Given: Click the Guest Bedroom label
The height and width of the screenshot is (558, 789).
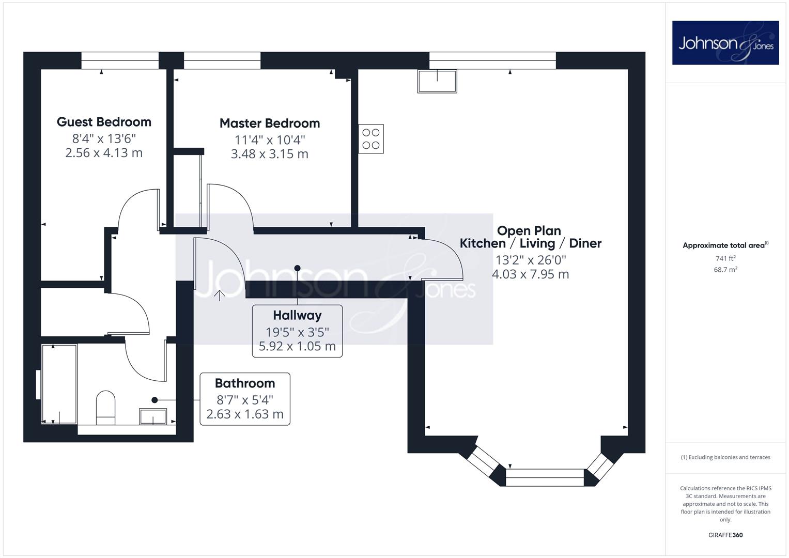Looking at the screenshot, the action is point(104,122).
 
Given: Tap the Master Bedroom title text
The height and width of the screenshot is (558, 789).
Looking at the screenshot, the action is point(270,123).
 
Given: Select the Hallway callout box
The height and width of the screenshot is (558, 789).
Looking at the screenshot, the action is point(297,331).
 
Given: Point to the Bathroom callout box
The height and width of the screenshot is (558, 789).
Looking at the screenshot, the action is point(245,399).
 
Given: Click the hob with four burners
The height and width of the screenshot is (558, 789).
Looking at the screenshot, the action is point(371,139).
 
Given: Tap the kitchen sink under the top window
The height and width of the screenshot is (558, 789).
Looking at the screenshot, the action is point(437,82).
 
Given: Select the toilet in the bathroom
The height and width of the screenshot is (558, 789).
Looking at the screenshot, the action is point(106,408).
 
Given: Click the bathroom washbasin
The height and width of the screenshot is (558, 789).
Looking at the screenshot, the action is point(153,416).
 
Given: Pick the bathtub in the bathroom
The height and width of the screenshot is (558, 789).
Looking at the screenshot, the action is point(59,384).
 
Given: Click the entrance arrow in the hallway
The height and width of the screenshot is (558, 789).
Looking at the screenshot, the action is point(220,296).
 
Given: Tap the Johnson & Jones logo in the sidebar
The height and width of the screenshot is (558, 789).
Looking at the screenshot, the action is point(725,42).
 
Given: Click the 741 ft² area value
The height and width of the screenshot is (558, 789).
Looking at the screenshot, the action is point(725,258).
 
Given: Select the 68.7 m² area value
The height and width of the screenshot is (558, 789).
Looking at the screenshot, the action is point(725,270).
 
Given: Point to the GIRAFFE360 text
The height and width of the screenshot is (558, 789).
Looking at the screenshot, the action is point(725,535).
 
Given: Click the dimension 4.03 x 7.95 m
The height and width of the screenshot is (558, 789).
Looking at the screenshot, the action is point(531,274).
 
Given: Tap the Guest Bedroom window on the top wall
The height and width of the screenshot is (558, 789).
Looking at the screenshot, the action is point(120,60).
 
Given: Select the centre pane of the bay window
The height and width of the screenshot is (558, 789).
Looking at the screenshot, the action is point(545,478).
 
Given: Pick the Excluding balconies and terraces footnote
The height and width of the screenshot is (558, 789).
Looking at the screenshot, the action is point(725,457).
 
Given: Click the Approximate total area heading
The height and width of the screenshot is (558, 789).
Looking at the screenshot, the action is point(725,245).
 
